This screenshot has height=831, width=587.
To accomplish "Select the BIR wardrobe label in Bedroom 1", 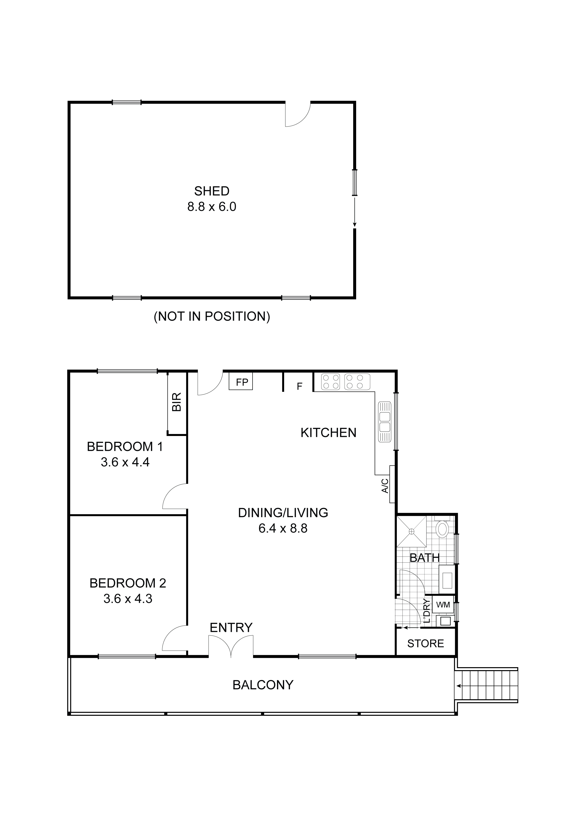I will click(177, 402).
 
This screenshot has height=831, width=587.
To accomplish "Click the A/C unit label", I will click(385, 486).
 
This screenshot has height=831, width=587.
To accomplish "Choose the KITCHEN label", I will click(328, 433).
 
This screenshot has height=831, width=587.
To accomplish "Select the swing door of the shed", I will click(298, 115).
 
